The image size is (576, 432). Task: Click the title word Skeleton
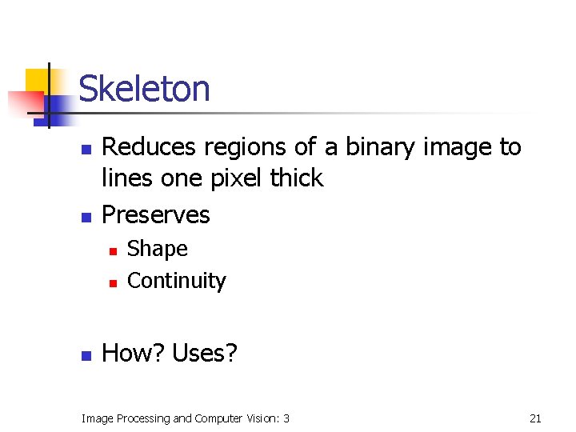point(145,89)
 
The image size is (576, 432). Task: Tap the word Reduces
point(150,147)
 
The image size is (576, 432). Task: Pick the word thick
point(297,178)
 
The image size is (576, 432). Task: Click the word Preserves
point(156,214)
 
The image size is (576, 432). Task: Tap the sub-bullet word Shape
point(158,249)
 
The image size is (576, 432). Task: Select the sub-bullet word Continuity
point(177,281)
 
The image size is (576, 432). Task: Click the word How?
point(134,353)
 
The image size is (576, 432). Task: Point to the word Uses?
point(205,353)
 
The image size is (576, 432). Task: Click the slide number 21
point(536,418)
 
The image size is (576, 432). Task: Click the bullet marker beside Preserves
point(85,217)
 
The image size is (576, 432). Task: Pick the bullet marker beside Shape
point(113,251)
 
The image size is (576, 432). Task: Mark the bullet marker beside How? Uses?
point(85,354)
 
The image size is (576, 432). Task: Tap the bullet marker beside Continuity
point(113,282)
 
